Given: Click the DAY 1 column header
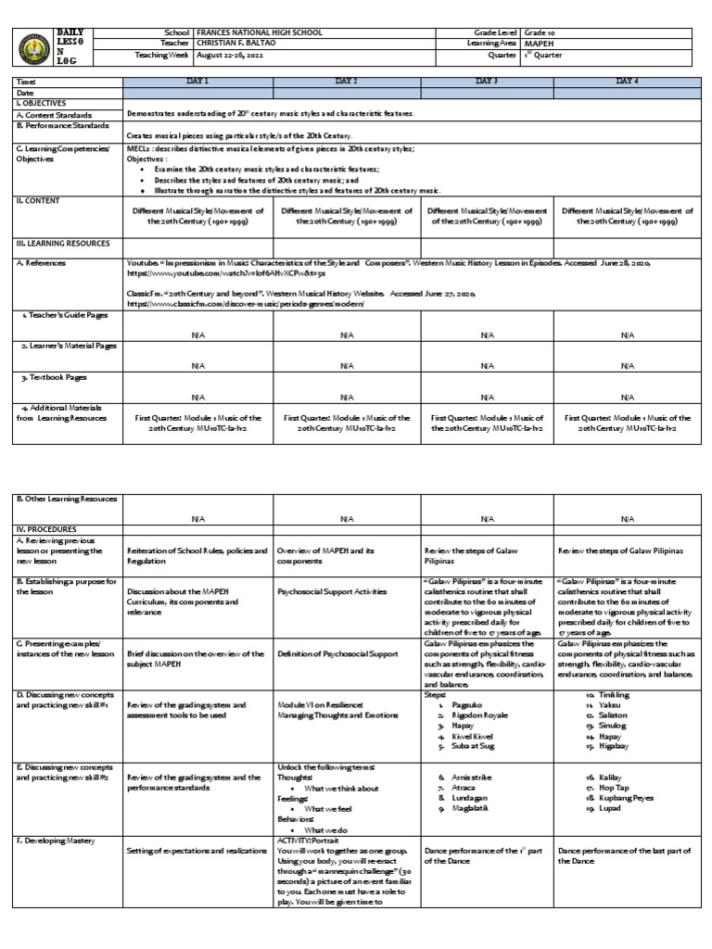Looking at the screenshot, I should [198, 82].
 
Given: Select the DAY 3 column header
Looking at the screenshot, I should [488, 82].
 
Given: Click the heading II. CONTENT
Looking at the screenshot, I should [36, 199].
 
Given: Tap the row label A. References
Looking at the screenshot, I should [43, 263].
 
